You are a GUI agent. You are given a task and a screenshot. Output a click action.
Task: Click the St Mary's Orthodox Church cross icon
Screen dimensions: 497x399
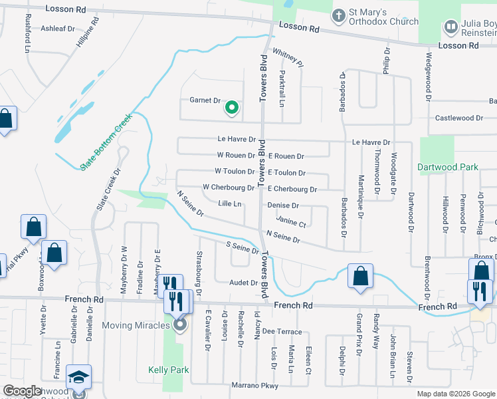(x=339, y=15)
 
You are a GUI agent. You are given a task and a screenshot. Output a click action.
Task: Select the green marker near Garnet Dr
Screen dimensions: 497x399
(x=231, y=106)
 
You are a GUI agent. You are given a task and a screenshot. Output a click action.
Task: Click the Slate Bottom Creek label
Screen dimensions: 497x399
(x=106, y=142)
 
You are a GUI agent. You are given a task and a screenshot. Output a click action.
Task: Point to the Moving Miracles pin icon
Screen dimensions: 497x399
(x=180, y=325)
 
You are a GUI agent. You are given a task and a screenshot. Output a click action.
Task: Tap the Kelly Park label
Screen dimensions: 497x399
(x=168, y=370)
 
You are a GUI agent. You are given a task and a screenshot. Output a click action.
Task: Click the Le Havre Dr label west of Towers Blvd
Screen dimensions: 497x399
(x=237, y=140)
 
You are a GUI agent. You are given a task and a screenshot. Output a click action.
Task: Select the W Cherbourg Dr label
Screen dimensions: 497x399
(x=229, y=188)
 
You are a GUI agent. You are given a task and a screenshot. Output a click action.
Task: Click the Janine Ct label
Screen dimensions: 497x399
(x=290, y=222)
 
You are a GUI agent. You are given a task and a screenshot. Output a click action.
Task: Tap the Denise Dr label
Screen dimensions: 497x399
(x=283, y=206)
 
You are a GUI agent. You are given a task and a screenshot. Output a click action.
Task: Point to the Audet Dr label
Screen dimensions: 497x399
(x=243, y=283)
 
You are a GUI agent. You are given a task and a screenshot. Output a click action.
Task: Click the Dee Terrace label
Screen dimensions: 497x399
(x=282, y=331)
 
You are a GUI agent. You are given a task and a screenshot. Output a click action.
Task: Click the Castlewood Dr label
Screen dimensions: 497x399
(x=458, y=118)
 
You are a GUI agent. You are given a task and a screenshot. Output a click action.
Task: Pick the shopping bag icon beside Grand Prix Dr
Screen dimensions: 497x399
(x=359, y=276)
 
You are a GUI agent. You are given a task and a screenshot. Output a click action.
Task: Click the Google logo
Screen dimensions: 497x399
(x=23, y=391)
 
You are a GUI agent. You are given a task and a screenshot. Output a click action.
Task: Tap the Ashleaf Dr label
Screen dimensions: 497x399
(x=58, y=29)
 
